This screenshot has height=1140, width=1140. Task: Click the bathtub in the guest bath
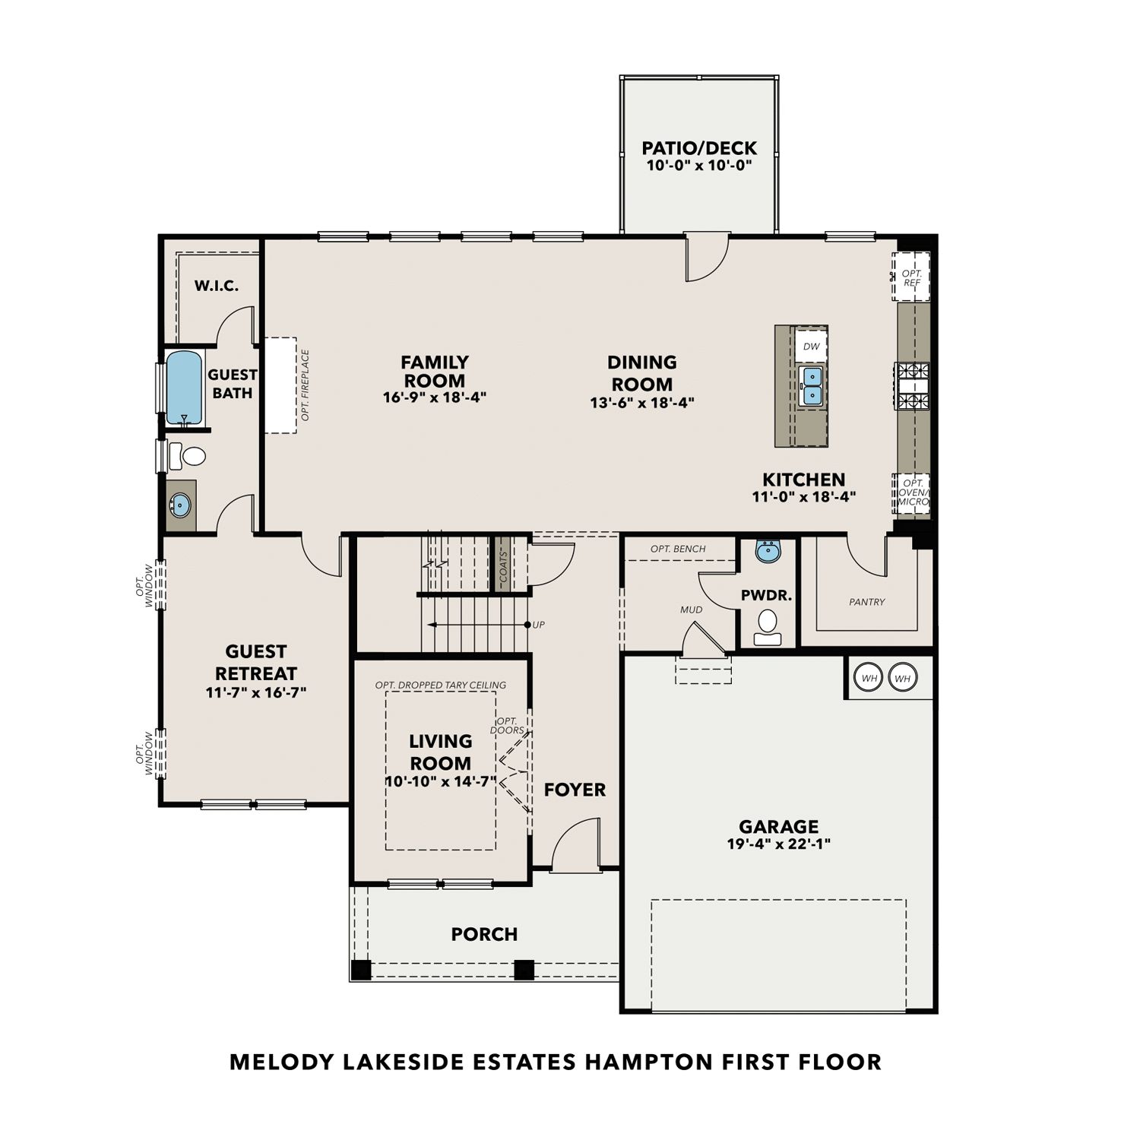(184, 388)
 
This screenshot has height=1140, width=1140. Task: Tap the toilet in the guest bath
(188, 456)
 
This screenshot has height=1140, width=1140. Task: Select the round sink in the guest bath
(180, 505)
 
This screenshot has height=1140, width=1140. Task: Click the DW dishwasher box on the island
(811, 347)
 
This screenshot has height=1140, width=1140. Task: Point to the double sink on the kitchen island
(812, 385)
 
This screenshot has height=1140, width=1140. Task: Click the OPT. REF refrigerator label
(912, 278)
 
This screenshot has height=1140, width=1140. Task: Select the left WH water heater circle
(869, 678)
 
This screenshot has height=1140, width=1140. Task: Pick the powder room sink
(768, 552)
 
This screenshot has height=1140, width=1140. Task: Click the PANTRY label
(867, 602)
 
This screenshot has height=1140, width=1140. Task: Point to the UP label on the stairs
(539, 625)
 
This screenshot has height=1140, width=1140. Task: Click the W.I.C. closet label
(217, 286)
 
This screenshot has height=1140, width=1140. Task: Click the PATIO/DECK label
(699, 148)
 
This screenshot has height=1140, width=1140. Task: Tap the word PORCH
(484, 934)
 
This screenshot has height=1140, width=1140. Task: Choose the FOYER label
(575, 790)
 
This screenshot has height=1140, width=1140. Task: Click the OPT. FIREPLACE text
(306, 385)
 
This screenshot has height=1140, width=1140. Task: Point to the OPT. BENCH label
(678, 549)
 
